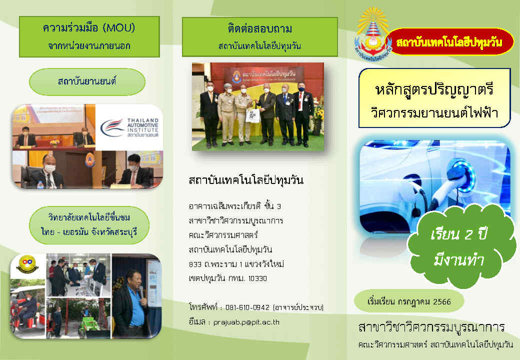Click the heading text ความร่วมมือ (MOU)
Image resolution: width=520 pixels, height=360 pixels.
pos(89,28)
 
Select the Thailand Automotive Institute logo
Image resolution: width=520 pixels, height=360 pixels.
pos(129,127)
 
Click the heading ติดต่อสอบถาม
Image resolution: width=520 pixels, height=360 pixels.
pos(259,29)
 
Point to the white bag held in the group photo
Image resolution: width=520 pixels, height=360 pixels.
pos(252,116)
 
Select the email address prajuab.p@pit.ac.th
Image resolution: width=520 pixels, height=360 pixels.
pos(246,322)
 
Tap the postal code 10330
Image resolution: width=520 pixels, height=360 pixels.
pos(257,278)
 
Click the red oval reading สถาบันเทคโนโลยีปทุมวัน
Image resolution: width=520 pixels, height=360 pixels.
pos(449,42)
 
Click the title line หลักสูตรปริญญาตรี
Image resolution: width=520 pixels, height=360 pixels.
pos(434,90)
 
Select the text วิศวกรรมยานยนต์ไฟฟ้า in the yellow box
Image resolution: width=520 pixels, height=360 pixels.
pos(434,112)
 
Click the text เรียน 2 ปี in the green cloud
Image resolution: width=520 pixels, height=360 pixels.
pos(458,234)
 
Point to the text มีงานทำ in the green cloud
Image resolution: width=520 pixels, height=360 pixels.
pos(458,259)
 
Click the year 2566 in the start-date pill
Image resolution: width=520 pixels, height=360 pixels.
pos(442,301)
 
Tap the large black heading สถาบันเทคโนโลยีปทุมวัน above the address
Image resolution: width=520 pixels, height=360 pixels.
pos(246,180)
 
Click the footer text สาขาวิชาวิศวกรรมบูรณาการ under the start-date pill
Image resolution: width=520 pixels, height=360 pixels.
pos(432,327)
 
